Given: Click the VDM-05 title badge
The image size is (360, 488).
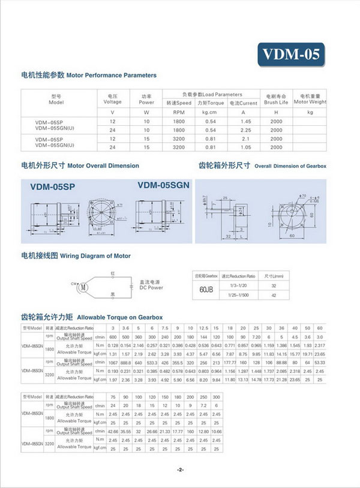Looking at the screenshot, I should coord(290,55).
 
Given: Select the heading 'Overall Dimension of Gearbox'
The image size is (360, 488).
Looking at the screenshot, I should coord(290,165).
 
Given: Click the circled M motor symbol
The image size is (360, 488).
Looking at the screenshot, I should coord(85,287).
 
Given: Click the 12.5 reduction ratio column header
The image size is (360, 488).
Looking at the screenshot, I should coord(204,329).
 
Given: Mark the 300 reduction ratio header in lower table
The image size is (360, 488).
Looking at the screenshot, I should coord(217,397).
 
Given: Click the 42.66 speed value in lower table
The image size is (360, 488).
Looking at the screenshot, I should coord(112,431).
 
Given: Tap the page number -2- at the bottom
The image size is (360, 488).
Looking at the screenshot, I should coord(180,469).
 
